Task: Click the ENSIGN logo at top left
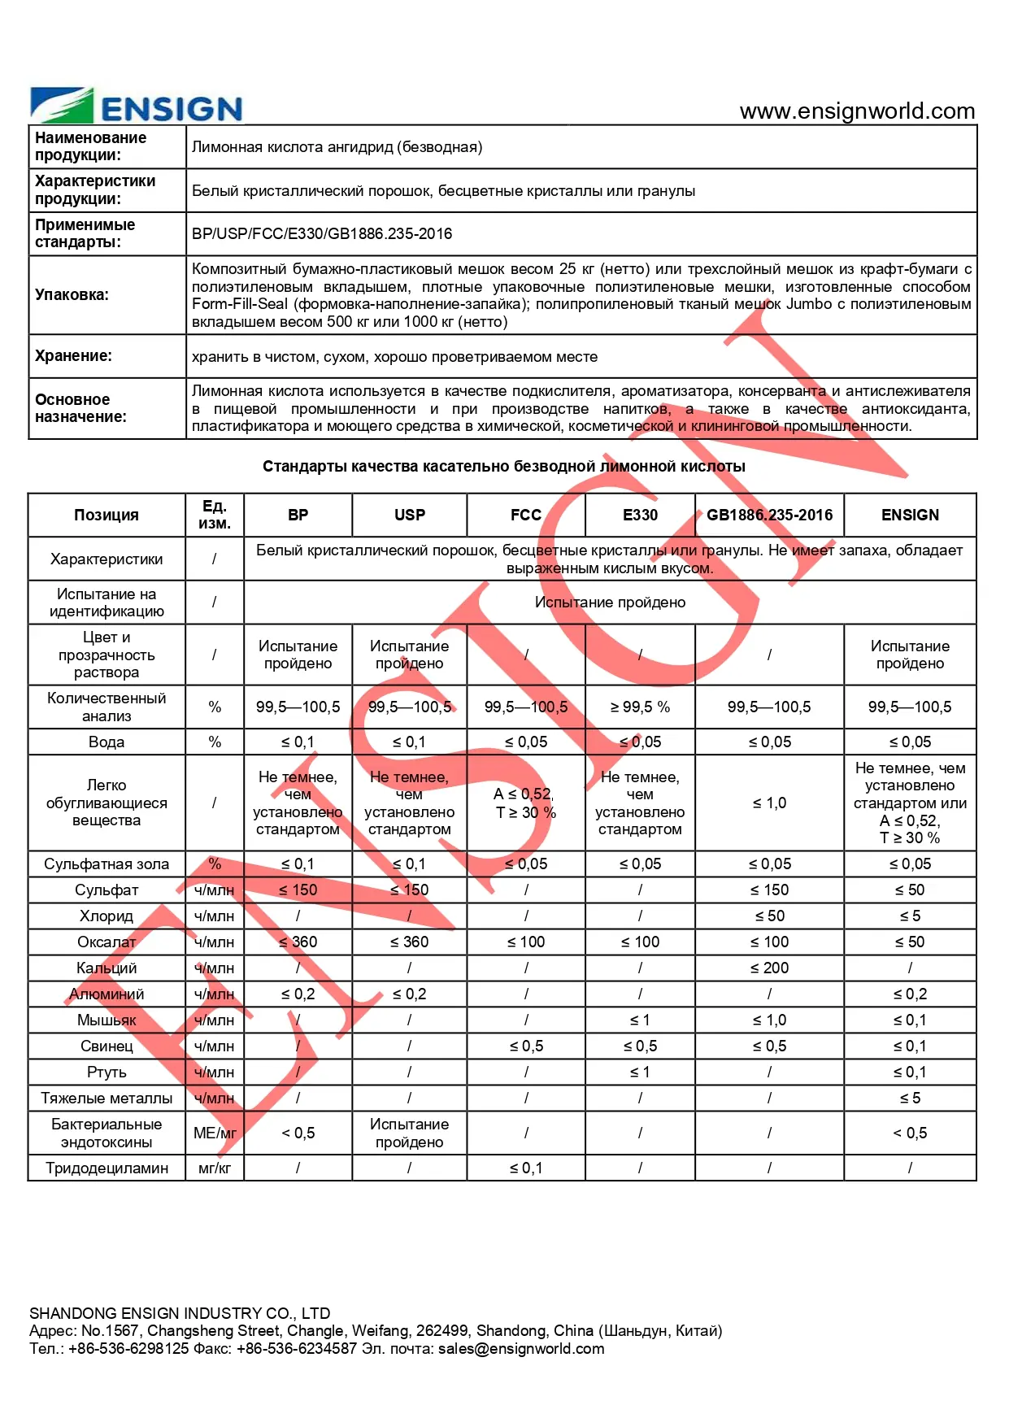pos(137,107)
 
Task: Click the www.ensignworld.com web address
pos(857,111)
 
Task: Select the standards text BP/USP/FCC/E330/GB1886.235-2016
pos(322,234)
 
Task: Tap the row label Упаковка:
pos(72,295)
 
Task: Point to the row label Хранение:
pos(73,356)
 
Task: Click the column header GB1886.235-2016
pos(769,515)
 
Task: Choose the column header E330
pos(640,515)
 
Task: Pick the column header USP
pos(409,515)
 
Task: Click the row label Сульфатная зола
pos(107,864)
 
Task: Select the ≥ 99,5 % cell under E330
pos(640,707)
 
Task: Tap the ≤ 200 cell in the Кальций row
pos(769,968)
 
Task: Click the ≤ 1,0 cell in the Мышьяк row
pos(769,1020)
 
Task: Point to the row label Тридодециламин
pos(107,1168)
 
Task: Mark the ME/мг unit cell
pos(215,1133)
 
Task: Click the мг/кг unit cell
pos(215,1168)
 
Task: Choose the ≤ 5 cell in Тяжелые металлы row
pos(910,1099)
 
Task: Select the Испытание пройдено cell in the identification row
pos(610,603)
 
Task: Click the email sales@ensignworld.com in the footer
pos(521,1349)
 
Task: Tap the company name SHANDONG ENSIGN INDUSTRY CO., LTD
pos(180,1313)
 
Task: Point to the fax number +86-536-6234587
pos(297,1349)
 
